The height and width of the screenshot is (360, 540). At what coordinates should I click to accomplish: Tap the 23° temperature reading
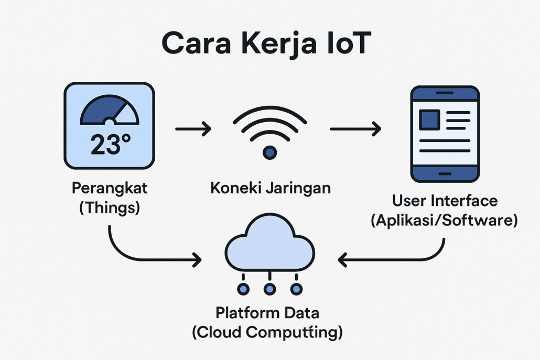pos(111,144)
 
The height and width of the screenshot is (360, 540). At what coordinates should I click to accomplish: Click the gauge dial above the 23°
pos(110,110)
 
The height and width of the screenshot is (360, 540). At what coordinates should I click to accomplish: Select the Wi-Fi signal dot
pos(269,152)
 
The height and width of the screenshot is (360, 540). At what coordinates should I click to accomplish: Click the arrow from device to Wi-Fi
pos(193,129)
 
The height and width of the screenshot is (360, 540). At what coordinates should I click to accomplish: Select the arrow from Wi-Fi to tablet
pos(355,129)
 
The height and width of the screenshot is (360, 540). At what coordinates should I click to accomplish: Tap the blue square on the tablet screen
pos(429,120)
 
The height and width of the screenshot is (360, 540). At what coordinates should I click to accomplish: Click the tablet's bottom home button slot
pos(445,174)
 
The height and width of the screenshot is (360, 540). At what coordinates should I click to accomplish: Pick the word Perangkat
pos(110,188)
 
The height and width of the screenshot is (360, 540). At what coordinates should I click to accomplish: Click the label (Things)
pos(110,208)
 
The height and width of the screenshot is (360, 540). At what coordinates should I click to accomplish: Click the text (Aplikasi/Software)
pos(444,220)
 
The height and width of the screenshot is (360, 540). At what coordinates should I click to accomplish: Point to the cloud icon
pos(269,242)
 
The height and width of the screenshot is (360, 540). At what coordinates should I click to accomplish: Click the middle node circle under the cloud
pos(269,289)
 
